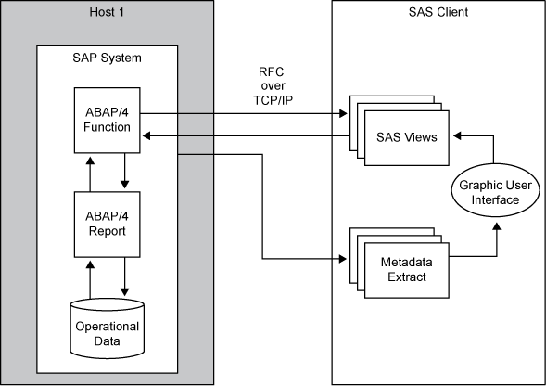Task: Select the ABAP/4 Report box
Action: (x=107, y=224)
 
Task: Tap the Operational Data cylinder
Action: (x=107, y=331)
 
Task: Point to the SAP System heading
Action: (x=107, y=58)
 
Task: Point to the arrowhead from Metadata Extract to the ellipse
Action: (x=494, y=225)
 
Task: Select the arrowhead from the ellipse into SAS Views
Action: (x=457, y=136)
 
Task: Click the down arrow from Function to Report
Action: (x=125, y=182)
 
